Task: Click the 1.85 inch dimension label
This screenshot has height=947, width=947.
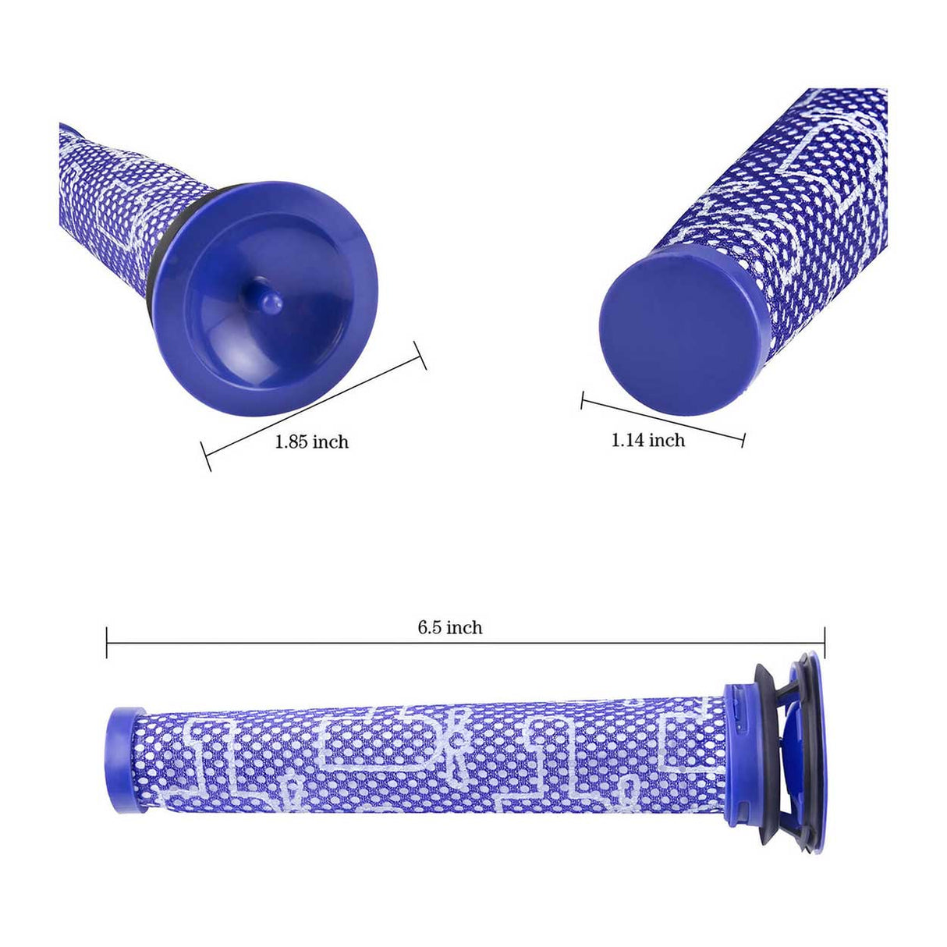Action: [x=311, y=442]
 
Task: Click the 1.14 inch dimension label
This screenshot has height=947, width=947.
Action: [x=647, y=440]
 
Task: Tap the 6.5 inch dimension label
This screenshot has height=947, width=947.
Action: [x=449, y=627]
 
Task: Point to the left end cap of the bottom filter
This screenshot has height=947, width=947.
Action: [x=125, y=760]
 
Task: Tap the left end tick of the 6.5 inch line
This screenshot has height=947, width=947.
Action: [x=107, y=642]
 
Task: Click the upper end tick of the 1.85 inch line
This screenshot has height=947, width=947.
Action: [x=420, y=356]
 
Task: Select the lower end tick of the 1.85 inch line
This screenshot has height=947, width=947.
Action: [x=206, y=457]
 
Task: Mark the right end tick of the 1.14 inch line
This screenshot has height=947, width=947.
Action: [x=743, y=439]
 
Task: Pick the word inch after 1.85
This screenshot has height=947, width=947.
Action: [x=330, y=442]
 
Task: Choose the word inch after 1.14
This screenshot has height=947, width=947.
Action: [x=666, y=440]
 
